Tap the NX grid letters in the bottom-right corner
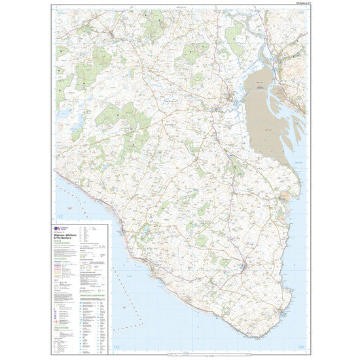point(300,346)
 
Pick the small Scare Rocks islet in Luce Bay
point(77,199)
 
